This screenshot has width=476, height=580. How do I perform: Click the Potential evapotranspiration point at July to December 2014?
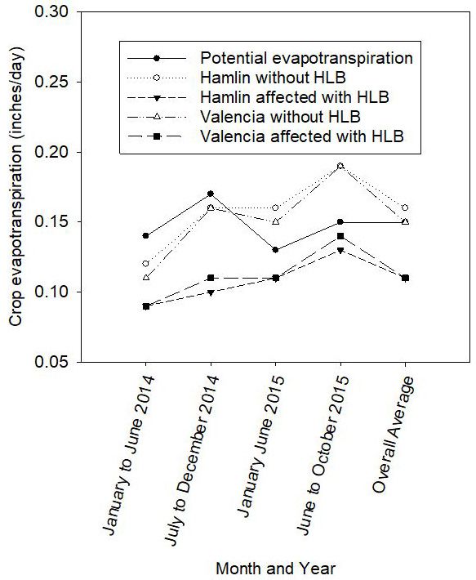coord(210,194)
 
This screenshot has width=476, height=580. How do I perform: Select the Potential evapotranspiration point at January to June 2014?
coord(145,236)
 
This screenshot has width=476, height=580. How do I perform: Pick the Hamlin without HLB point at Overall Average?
coord(404,208)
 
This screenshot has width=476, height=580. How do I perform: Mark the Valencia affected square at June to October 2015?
coord(340,236)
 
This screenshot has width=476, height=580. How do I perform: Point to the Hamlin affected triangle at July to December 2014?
coord(210,292)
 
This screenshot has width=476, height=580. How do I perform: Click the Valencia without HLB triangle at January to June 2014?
coord(145,278)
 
